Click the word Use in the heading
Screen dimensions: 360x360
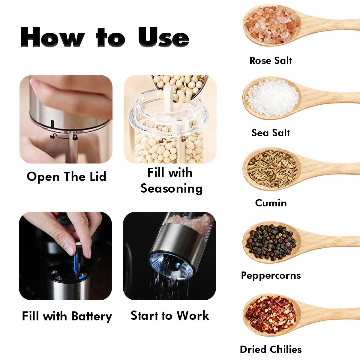tap(164, 37)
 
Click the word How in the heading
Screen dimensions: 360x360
tap(53, 37)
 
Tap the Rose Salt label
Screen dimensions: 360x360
tap(271, 61)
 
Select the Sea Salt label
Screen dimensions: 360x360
tap(271, 133)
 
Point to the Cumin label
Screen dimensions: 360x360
tap(271, 203)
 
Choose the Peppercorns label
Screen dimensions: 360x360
tap(271, 275)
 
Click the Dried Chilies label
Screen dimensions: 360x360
tap(271, 349)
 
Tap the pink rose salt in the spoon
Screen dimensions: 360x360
tap(272, 25)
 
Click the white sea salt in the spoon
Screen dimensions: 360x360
tap(272, 97)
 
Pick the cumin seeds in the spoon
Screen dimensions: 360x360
tap(272, 169)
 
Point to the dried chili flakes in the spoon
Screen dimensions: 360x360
tap(271, 315)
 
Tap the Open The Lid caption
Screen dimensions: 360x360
tap(67, 177)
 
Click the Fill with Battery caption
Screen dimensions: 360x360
tap(67, 316)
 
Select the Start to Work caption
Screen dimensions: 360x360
tap(170, 316)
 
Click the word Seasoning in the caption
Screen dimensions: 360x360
tap(172, 188)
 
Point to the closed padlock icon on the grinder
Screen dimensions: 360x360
tap(75, 137)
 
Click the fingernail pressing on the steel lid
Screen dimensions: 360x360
tap(34, 83)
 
